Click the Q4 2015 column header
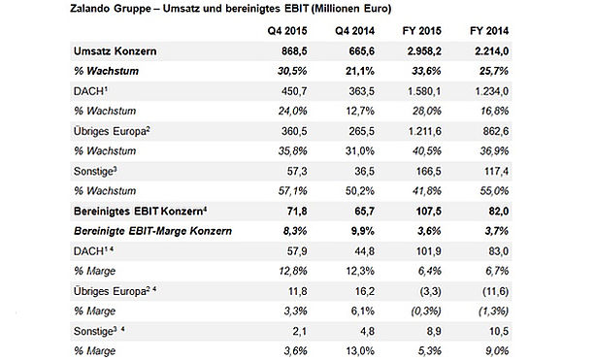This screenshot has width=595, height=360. point(287,31)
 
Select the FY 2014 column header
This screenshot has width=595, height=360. point(489,31)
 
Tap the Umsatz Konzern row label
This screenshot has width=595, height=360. point(115,51)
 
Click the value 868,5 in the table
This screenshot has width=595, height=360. point(294,51)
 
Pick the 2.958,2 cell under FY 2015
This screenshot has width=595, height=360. point(424,51)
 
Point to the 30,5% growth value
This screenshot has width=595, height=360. point(292,71)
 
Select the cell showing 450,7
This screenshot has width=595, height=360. point(294,91)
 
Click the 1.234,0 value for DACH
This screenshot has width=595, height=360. point(492,91)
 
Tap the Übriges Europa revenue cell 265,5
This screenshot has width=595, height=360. point(362,131)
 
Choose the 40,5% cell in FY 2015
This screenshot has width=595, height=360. point(426,151)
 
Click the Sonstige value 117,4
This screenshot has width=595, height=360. point(496,171)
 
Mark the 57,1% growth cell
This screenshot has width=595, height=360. point(292,191)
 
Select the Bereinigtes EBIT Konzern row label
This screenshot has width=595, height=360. point(140,211)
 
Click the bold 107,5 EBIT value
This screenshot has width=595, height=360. point(429,211)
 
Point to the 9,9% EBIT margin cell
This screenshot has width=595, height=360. point(363,231)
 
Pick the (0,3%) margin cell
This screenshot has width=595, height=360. point(426,311)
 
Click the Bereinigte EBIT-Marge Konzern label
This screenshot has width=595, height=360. point(152,231)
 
